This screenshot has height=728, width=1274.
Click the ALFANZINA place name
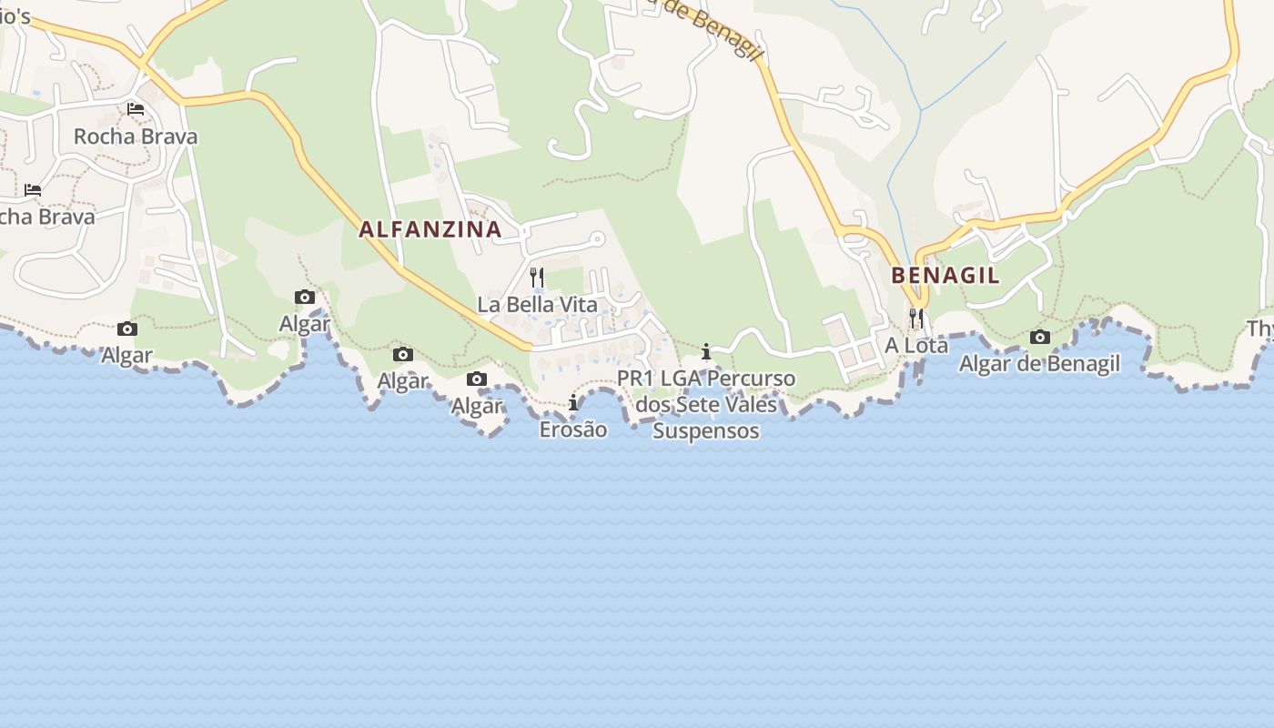pyautogui.click(x=430, y=229)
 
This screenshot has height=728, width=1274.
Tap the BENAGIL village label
pyautogui.click(x=945, y=276)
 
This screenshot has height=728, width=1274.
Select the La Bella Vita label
pyautogui.click(x=537, y=305)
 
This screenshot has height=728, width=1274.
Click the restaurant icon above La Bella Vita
pyautogui.click(x=537, y=277)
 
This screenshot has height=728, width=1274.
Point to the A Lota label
pyautogui.click(x=916, y=346)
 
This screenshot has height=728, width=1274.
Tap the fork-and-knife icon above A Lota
pyautogui.click(x=916, y=318)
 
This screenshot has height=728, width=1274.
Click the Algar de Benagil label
pyautogui.click(x=1039, y=364)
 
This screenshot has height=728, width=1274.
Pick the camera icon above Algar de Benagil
pyautogui.click(x=1039, y=337)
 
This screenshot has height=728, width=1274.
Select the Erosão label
pyautogui.click(x=573, y=430)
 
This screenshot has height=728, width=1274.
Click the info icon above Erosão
pyautogui.click(x=573, y=402)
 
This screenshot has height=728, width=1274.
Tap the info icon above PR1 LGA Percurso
pyautogui.click(x=705, y=351)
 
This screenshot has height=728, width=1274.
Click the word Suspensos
pyautogui.click(x=706, y=430)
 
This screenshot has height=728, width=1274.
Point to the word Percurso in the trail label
pyautogui.click(x=750, y=379)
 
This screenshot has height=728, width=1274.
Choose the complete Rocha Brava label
pyautogui.click(x=136, y=136)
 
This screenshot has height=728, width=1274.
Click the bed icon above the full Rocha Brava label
pyautogui.click(x=136, y=109)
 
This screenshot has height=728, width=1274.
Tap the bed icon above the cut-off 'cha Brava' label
pyautogui.click(x=33, y=190)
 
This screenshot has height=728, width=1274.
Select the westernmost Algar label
pyautogui.click(x=127, y=356)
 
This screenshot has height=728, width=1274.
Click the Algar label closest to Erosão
pyautogui.click(x=477, y=406)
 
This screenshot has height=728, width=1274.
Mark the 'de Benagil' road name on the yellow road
pyautogui.click(x=719, y=27)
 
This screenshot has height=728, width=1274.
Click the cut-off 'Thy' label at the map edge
pyautogui.click(x=1260, y=329)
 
